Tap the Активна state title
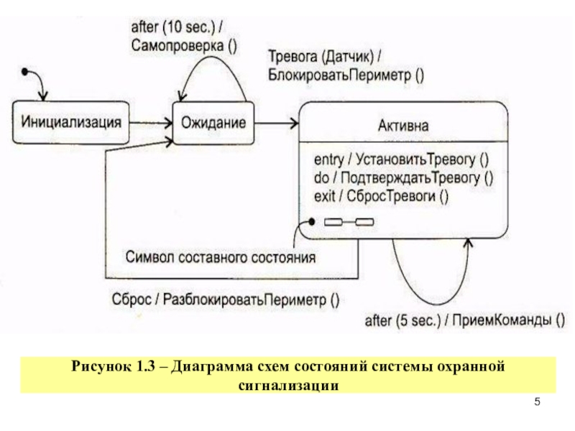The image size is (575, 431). click(403, 126)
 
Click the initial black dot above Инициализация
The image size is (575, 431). click(24, 72)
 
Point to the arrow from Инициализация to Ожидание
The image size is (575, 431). click(151, 123)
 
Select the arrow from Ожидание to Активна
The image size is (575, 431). click(277, 123)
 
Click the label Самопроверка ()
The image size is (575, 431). click(184, 46)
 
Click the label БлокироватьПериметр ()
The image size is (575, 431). click(346, 75)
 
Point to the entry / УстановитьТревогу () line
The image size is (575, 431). click(401, 159)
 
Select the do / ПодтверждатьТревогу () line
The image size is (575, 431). click(403, 177)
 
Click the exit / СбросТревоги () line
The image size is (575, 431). click(381, 196)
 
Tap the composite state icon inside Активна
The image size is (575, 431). click(349, 222)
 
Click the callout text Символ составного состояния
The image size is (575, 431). click(221, 257)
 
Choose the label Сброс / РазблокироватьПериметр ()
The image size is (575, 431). click(226, 300)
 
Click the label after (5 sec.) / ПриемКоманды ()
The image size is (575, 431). click(464, 320)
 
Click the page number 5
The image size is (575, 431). click(537, 402)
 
